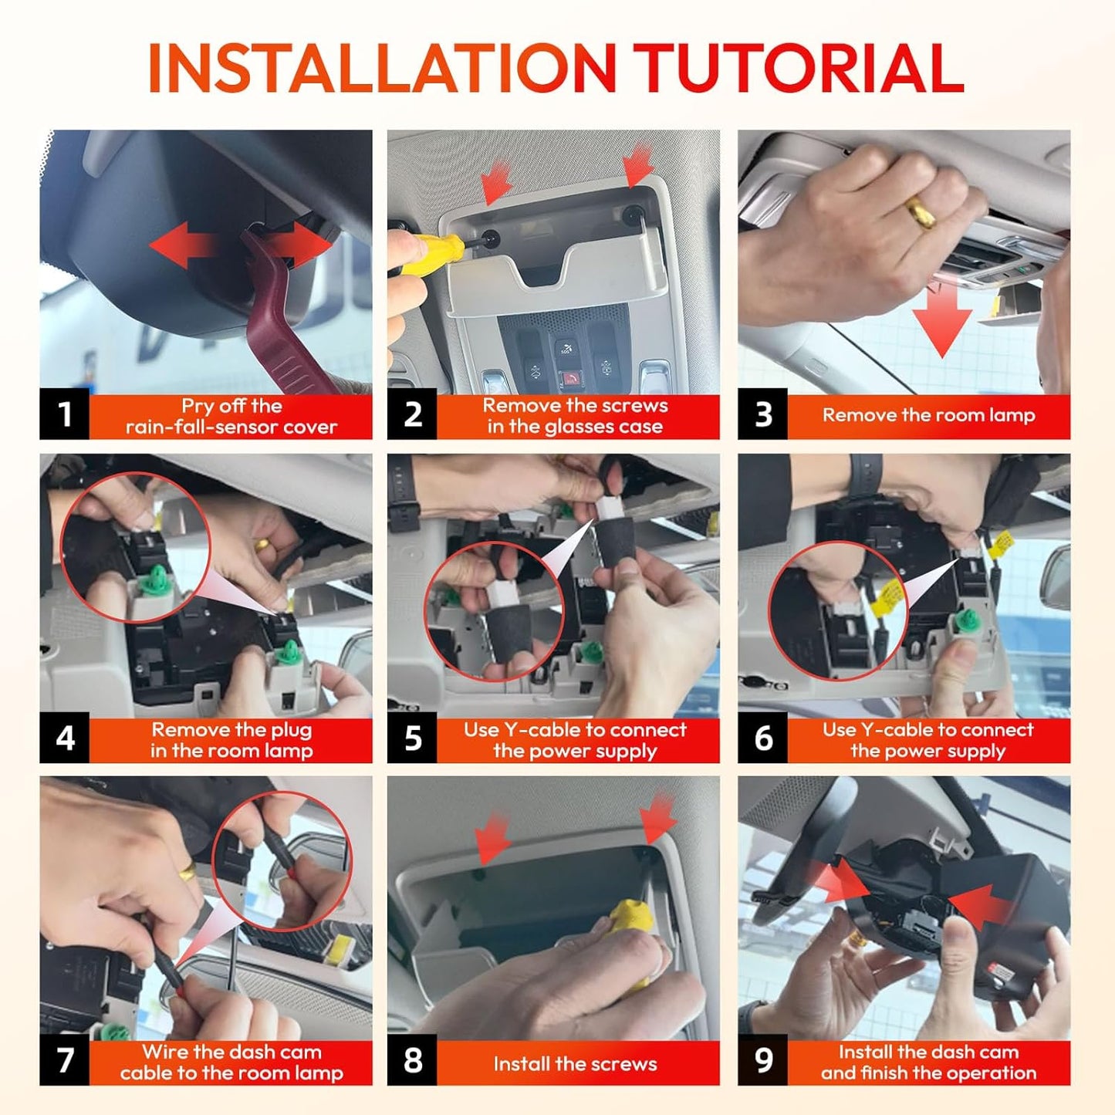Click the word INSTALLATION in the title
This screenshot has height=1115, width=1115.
pos(382,67)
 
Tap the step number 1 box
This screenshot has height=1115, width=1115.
pos(64,414)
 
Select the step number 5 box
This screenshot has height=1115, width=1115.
pos(412,738)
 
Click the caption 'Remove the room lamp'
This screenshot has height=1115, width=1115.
pos(929,415)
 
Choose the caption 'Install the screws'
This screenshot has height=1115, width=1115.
pos(575,1063)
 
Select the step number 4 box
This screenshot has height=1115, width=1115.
pos(64,738)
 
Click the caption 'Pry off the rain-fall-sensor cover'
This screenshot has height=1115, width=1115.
pos(231,416)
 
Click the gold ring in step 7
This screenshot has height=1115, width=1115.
pos(188,870)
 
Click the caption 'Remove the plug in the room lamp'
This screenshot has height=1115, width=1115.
pos(231,740)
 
